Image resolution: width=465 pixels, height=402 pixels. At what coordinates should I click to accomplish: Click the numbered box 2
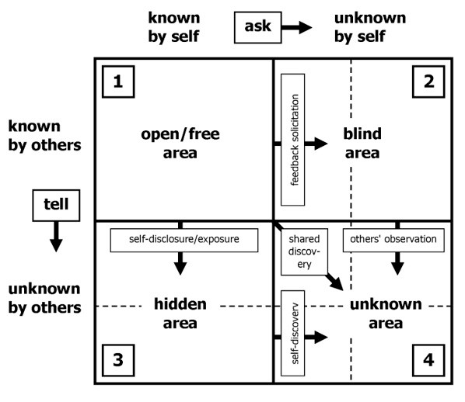(x=428, y=81)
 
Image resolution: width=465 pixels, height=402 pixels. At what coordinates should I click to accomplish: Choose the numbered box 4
(x=428, y=359)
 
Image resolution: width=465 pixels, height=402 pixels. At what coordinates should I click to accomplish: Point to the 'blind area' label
(x=362, y=144)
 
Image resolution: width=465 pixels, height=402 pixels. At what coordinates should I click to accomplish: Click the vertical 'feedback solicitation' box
(x=292, y=140)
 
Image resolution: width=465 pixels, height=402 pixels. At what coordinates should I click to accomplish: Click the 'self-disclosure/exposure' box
(x=184, y=240)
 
